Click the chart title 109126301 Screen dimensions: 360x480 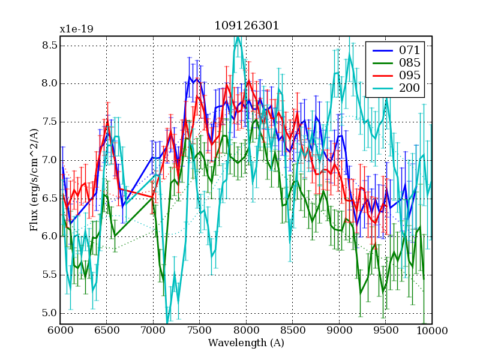[246, 26]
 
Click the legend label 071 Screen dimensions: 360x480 [410, 50]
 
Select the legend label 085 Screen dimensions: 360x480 [410, 63]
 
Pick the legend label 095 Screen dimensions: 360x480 [410, 76]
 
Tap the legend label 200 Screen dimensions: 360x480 [410, 89]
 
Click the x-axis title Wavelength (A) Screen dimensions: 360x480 [246, 343]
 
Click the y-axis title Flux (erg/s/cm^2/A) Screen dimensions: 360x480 [34, 180]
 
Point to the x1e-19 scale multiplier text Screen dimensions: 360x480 [76, 29]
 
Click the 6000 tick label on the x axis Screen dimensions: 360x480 [60, 331]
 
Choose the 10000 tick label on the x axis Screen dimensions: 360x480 [431, 331]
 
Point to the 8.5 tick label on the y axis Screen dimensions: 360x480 [50, 45]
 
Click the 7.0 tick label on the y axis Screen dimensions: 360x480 [50, 160]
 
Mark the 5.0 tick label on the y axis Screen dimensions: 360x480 [50, 313]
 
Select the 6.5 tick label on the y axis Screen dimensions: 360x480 [50, 199]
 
